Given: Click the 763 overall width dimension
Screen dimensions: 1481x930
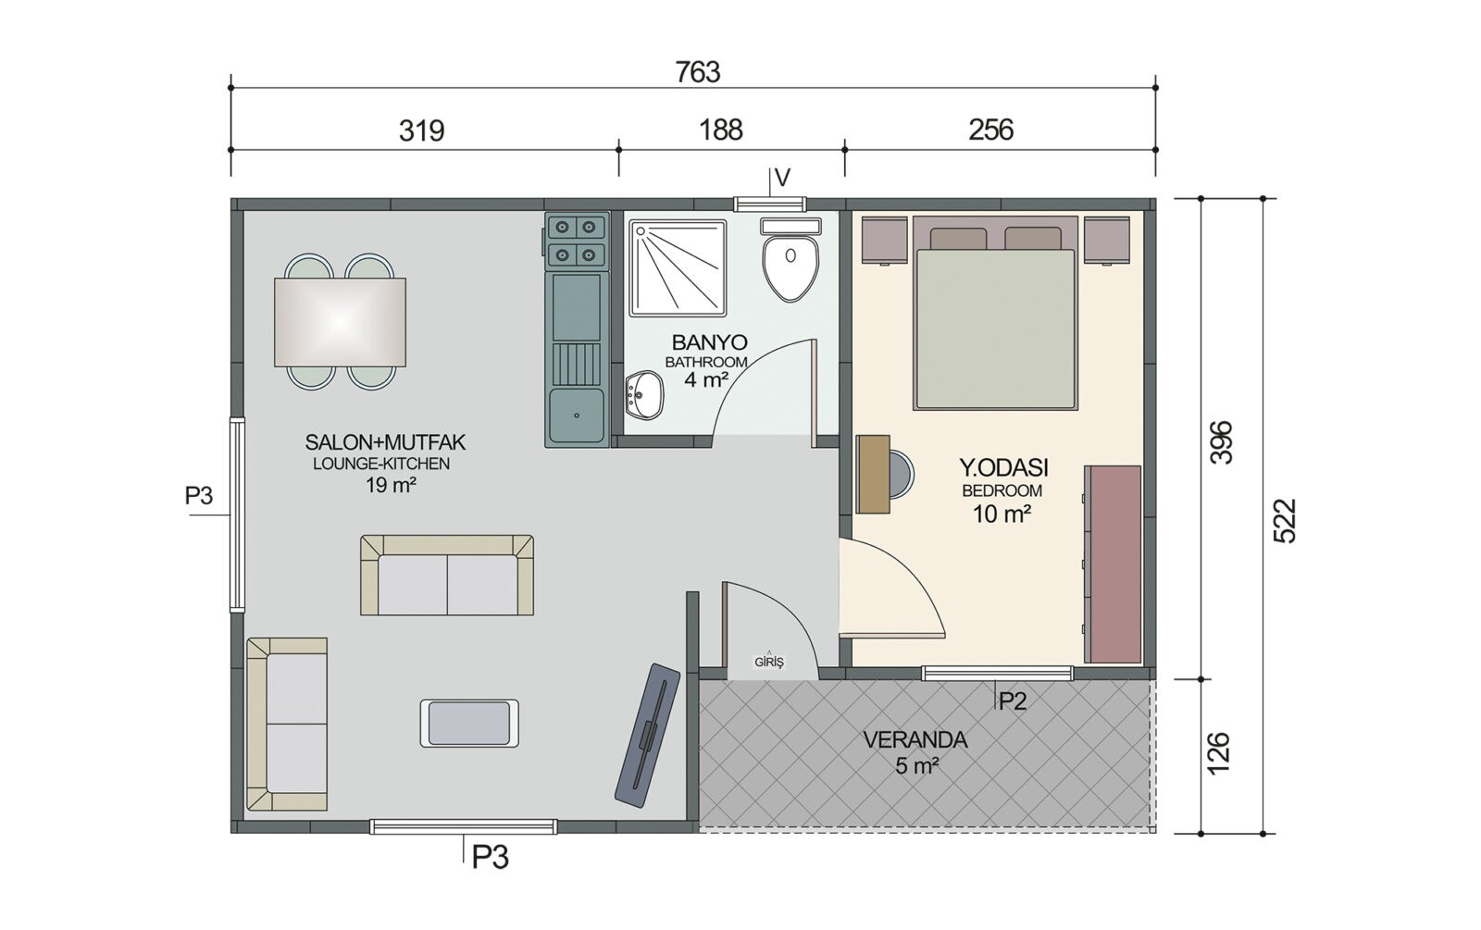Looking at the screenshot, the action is tap(698, 71).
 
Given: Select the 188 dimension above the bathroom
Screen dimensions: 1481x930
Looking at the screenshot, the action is tap(721, 130).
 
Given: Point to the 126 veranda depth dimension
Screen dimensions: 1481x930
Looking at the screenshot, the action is tap(1218, 752).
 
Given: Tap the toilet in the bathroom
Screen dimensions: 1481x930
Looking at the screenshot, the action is tap(790, 260).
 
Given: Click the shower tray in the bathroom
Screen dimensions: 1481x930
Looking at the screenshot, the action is tap(678, 267).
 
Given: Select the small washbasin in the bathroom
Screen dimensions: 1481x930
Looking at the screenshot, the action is tap(643, 395).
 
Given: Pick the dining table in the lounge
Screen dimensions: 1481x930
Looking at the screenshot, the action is tap(340, 321).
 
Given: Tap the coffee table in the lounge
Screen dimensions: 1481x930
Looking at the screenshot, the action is tap(469, 723).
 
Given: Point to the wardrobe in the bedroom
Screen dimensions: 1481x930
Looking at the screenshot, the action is tap(1113, 564).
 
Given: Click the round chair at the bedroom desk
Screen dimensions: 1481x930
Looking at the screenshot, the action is tap(902, 474).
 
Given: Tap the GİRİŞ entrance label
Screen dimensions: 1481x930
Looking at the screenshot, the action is tap(769, 661).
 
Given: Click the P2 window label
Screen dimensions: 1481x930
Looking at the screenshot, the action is tap(1013, 701).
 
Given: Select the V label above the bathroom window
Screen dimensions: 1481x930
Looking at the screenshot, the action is tap(782, 178).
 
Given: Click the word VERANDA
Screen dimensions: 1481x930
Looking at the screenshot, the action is tap(915, 740).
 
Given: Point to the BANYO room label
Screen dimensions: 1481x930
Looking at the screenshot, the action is tap(709, 342).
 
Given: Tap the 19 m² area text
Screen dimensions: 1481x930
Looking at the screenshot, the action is tap(391, 485).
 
